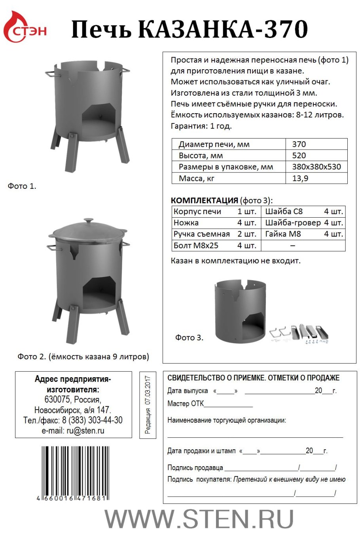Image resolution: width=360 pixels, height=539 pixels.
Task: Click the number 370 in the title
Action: [x=284, y=29]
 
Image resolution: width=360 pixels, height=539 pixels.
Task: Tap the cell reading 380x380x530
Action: [x=316, y=167]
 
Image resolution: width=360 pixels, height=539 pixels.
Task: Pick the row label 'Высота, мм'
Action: [x=201, y=156]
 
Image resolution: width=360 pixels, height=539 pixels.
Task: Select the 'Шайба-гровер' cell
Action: [x=293, y=223]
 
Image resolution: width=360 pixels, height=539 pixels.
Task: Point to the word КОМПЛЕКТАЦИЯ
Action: [x=204, y=200]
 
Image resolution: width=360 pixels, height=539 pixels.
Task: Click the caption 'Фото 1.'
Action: [x=22, y=186]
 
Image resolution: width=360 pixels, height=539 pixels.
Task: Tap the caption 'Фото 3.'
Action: [x=189, y=338]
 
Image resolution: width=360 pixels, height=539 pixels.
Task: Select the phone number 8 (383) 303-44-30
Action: [x=92, y=420]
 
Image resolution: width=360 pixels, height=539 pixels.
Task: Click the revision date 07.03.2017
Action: [x=148, y=389]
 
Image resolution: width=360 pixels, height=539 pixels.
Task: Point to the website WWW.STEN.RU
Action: [x=199, y=519]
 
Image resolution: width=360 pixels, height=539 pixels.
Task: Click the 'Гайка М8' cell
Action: [x=283, y=234]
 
